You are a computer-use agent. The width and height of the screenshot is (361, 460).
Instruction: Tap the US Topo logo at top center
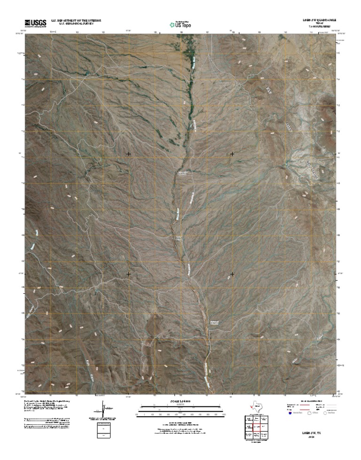coord(180,24)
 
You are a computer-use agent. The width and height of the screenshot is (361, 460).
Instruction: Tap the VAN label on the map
coord(269,89)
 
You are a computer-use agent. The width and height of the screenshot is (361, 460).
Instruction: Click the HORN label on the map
coord(289,127)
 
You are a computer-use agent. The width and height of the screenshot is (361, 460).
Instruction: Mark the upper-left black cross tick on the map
coord(129,154)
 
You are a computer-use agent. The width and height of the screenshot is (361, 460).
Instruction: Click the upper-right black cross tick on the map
coord(232,154)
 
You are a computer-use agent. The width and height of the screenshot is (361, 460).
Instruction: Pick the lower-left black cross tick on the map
coord(129,273)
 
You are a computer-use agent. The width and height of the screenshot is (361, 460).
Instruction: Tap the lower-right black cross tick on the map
coord(232,273)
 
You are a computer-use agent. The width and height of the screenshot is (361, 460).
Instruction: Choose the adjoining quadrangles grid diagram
coord(254,427)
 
